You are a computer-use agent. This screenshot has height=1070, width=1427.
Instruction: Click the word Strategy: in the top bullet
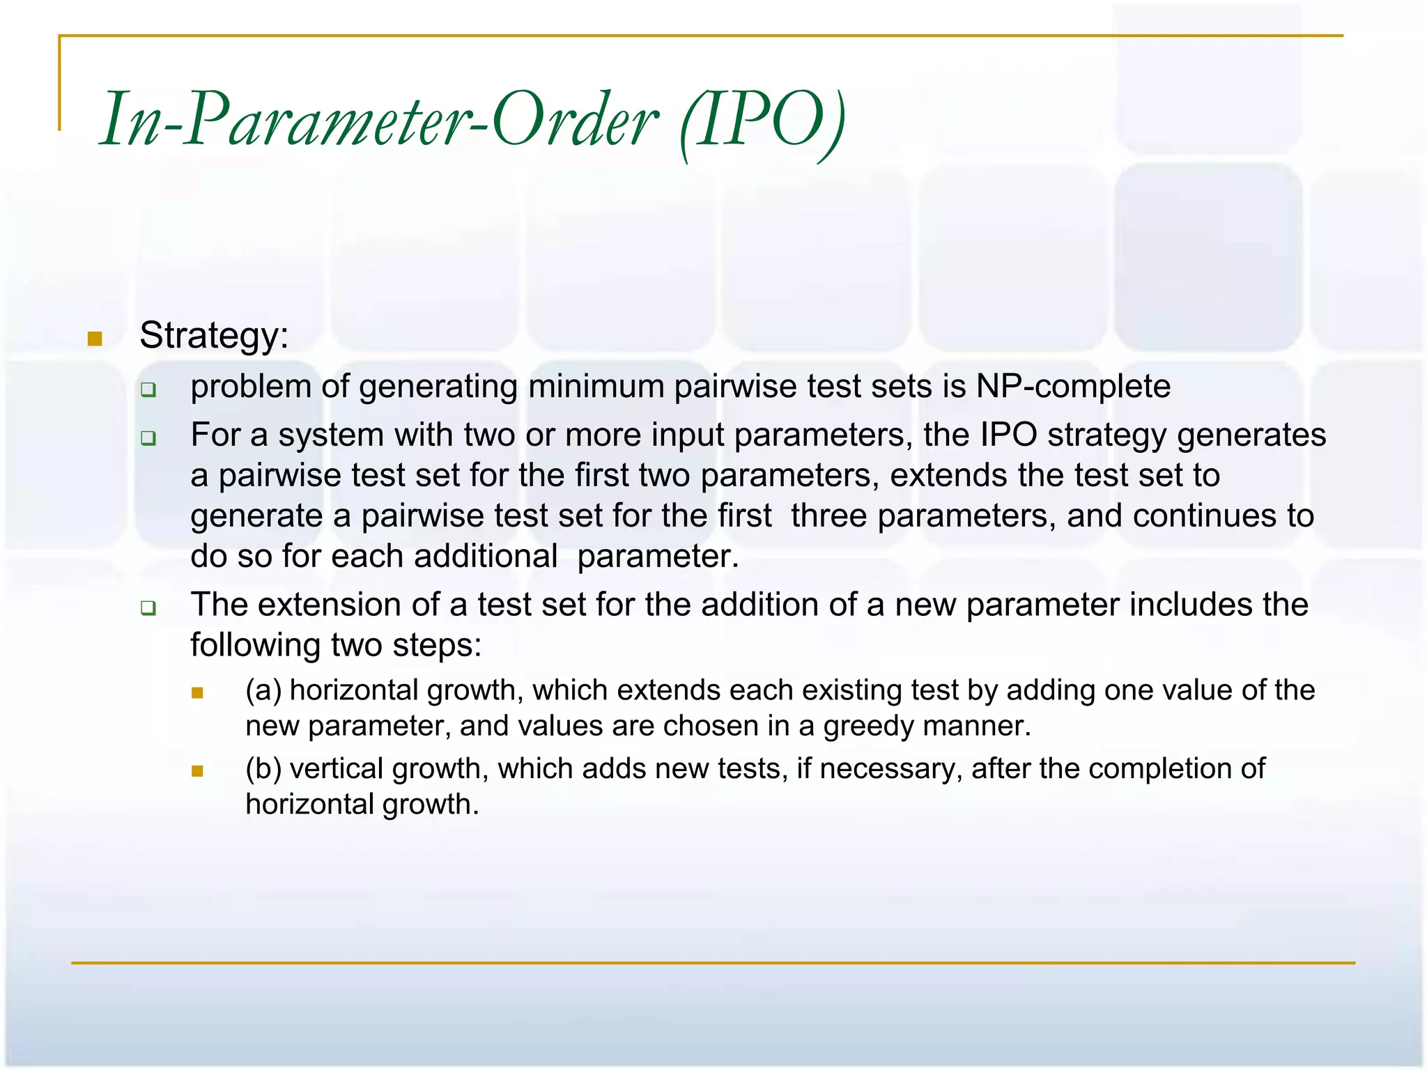pos(214,336)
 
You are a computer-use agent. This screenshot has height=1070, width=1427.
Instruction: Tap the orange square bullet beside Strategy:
pos(95,339)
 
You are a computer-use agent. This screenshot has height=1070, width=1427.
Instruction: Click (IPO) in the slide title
pos(763,120)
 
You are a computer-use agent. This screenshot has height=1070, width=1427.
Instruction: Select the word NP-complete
pos(1073,387)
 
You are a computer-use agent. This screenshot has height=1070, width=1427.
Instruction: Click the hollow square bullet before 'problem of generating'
pos(148,390)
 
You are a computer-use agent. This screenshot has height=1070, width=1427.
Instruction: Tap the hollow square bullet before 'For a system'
pos(148,438)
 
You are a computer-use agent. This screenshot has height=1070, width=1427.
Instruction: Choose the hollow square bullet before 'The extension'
pos(148,608)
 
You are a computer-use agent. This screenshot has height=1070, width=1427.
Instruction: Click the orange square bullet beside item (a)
pos(197,693)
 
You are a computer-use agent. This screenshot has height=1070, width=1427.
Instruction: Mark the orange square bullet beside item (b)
pos(197,771)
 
